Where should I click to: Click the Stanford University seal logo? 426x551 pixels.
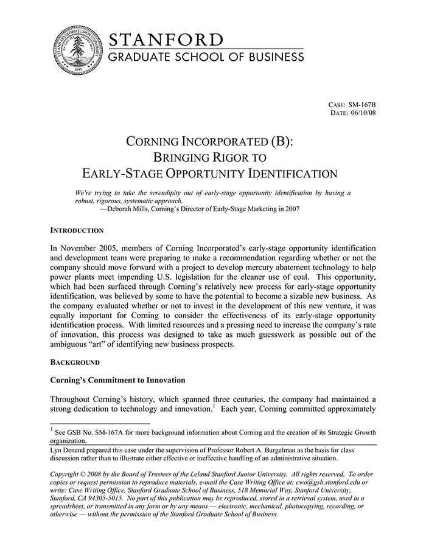[x=75, y=51]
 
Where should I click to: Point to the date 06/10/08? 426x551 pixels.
[x=363, y=113]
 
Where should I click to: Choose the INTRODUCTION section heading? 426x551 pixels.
[x=77, y=231]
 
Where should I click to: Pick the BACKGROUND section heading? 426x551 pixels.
[x=75, y=363]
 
